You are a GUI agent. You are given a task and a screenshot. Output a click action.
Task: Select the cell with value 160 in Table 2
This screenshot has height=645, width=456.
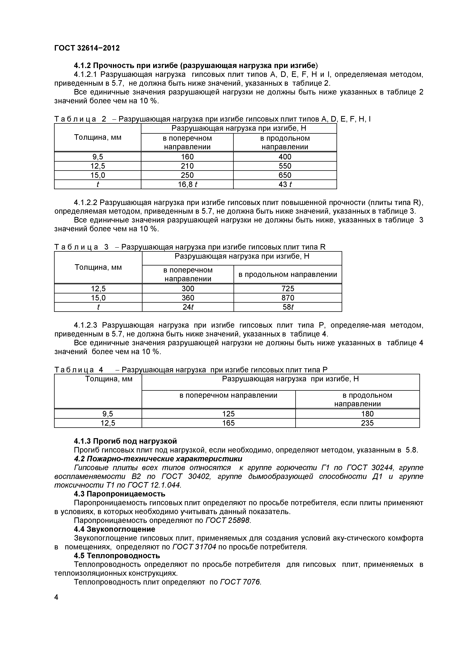click(187, 157)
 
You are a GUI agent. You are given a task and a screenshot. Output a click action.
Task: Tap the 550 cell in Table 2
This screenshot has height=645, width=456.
click(285, 166)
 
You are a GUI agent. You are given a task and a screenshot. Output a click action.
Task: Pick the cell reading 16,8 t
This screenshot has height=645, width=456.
click(187, 184)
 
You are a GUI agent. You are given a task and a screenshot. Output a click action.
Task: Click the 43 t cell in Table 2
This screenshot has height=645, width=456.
click(285, 184)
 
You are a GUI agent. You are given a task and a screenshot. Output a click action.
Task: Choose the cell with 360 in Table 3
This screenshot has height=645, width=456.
click(188, 298)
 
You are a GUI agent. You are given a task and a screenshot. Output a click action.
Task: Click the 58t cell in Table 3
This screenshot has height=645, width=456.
click(288, 307)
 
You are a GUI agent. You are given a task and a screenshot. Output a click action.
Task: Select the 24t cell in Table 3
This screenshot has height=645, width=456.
click(188, 307)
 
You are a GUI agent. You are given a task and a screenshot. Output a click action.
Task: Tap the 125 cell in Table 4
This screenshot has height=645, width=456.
click(228, 414)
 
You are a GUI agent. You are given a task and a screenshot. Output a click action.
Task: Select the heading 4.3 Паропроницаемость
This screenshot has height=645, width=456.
click(119, 494)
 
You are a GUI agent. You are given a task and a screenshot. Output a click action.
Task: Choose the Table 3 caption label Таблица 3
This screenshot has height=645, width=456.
click(81, 247)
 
